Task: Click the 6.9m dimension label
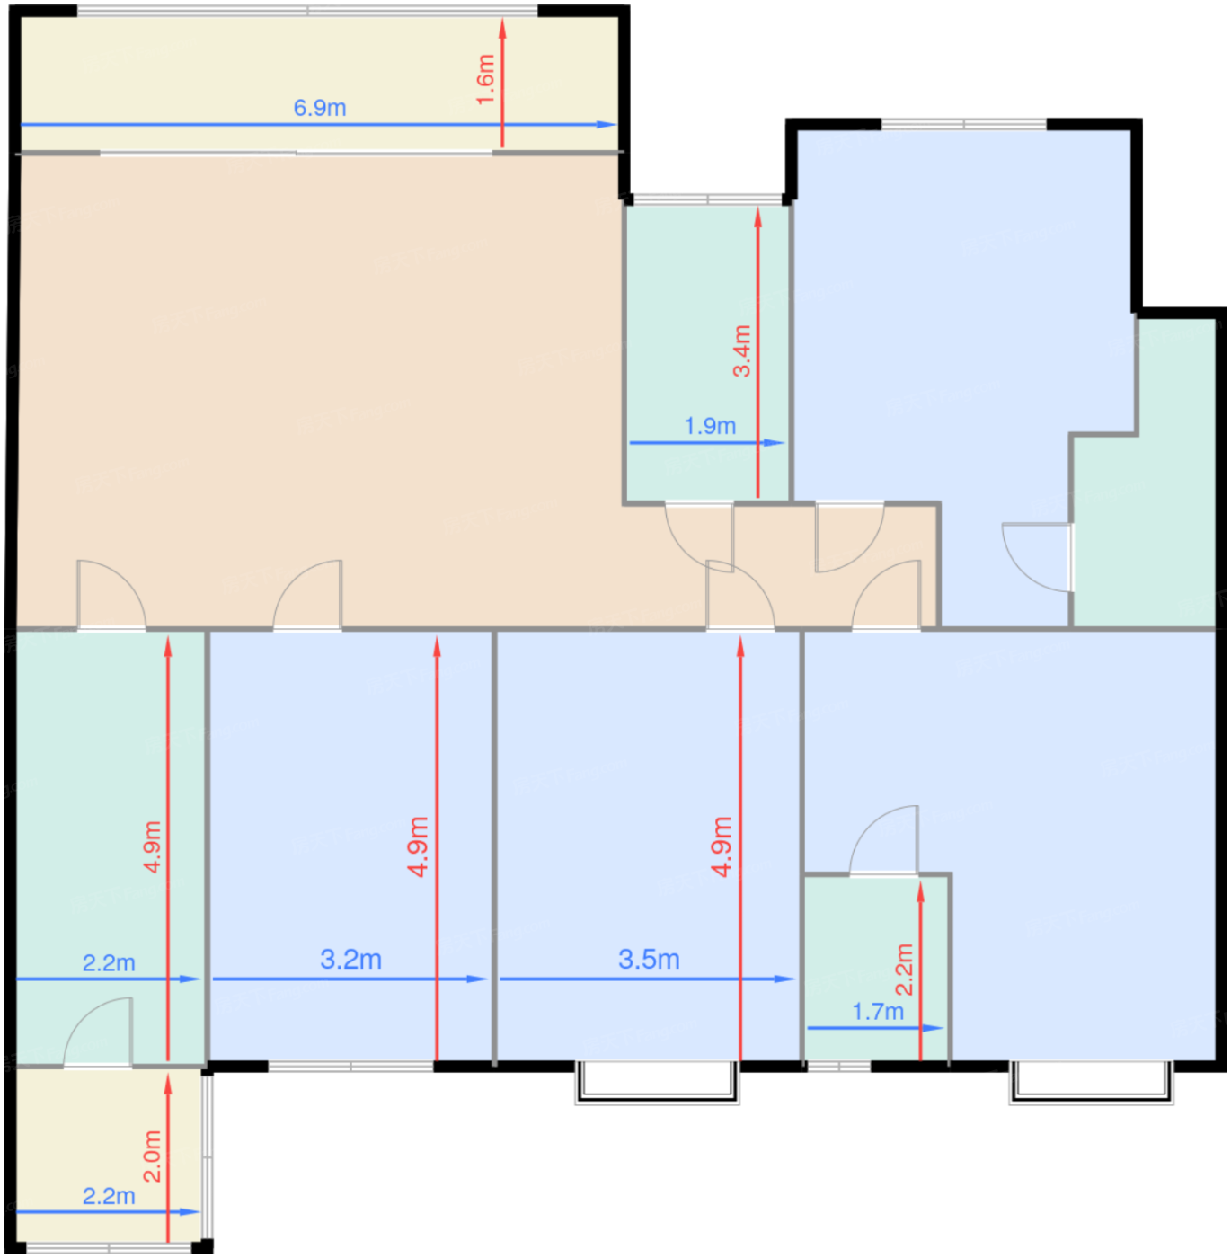(x=319, y=107)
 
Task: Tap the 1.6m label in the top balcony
(x=485, y=79)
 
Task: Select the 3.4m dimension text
(x=741, y=351)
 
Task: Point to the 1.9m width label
(x=710, y=426)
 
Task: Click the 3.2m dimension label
(x=351, y=959)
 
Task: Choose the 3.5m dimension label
(x=649, y=959)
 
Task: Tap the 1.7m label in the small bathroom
(x=878, y=1011)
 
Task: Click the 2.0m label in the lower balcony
(x=152, y=1156)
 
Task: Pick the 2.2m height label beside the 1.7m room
(x=904, y=969)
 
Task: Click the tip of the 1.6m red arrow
(x=502, y=20)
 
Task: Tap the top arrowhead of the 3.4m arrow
(x=757, y=208)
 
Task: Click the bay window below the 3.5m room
(x=658, y=1082)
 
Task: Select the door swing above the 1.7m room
(x=883, y=840)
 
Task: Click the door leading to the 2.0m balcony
(x=98, y=1032)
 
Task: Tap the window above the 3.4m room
(x=708, y=199)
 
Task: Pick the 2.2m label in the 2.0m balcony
(x=109, y=1196)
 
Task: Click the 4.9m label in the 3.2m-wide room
(x=419, y=846)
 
